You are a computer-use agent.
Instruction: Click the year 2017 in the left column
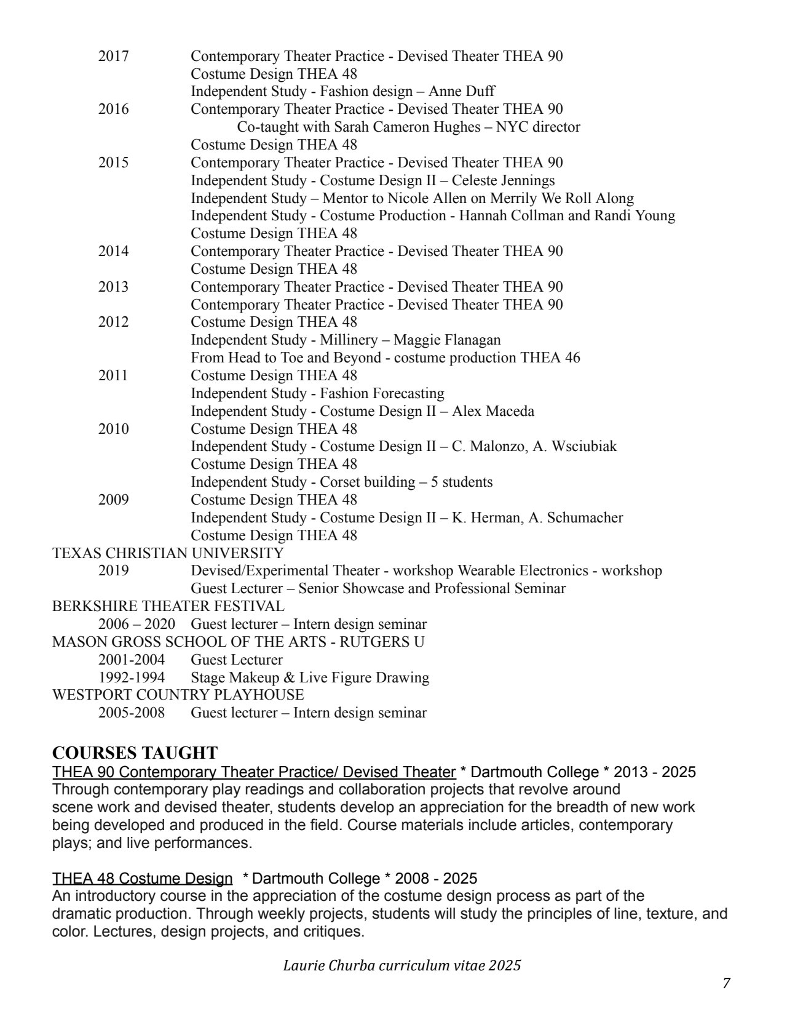click(113, 57)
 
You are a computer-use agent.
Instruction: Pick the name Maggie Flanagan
click(447, 340)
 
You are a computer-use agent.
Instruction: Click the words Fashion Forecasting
click(382, 393)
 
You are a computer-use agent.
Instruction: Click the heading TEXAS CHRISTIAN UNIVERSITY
click(168, 553)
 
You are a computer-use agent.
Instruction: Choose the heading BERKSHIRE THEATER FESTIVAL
click(168, 606)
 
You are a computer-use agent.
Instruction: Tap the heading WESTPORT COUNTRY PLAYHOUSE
click(178, 695)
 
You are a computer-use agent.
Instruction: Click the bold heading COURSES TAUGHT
click(135, 753)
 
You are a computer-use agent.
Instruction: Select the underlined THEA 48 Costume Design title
click(142, 877)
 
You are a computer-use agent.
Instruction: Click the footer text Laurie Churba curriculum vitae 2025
click(401, 965)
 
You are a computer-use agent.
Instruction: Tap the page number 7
click(726, 983)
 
